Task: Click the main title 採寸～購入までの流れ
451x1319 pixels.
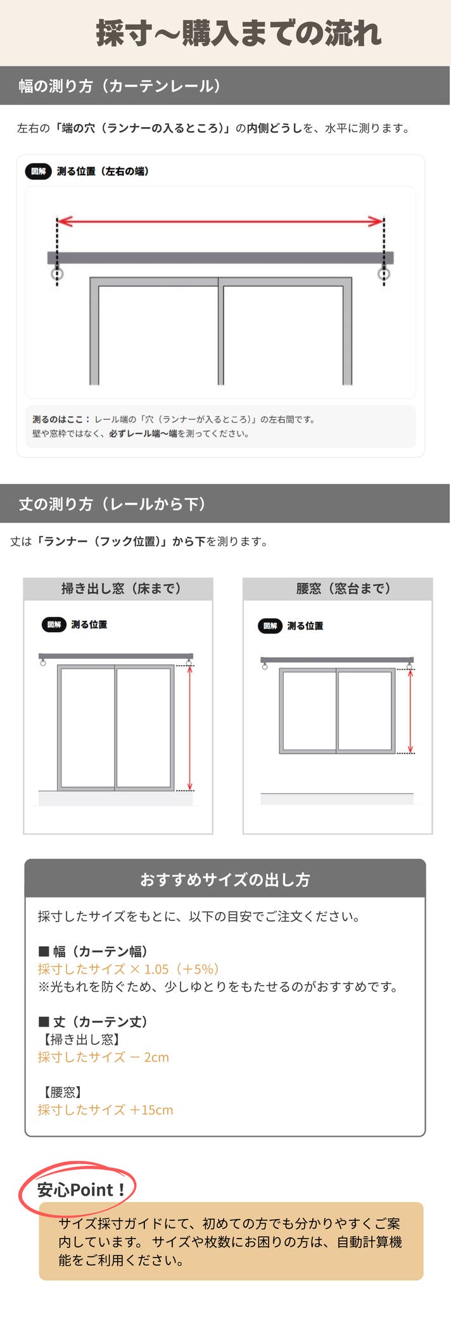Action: [238, 33]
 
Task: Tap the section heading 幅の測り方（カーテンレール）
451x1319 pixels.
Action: [120, 86]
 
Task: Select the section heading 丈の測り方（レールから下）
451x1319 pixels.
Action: [112, 504]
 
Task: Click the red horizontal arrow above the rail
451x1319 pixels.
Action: [220, 221]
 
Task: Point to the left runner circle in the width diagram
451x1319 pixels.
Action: [57, 274]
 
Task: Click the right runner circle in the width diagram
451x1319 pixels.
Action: [384, 274]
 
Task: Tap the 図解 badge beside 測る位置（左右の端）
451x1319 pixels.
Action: [38, 171]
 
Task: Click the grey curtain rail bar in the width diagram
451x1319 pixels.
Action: [220, 258]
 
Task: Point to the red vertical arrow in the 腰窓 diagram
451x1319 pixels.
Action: [410, 711]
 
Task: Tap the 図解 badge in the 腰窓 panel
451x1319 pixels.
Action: [270, 626]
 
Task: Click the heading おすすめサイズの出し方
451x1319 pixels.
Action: [225, 879]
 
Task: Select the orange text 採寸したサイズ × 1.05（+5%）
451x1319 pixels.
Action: [129, 969]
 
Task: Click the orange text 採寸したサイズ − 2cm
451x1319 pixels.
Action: [103, 1057]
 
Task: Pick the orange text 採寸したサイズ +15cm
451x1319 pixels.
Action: [105, 1110]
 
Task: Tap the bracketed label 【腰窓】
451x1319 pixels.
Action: [62, 1092]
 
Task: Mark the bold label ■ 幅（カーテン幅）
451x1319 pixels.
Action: [93, 951]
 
